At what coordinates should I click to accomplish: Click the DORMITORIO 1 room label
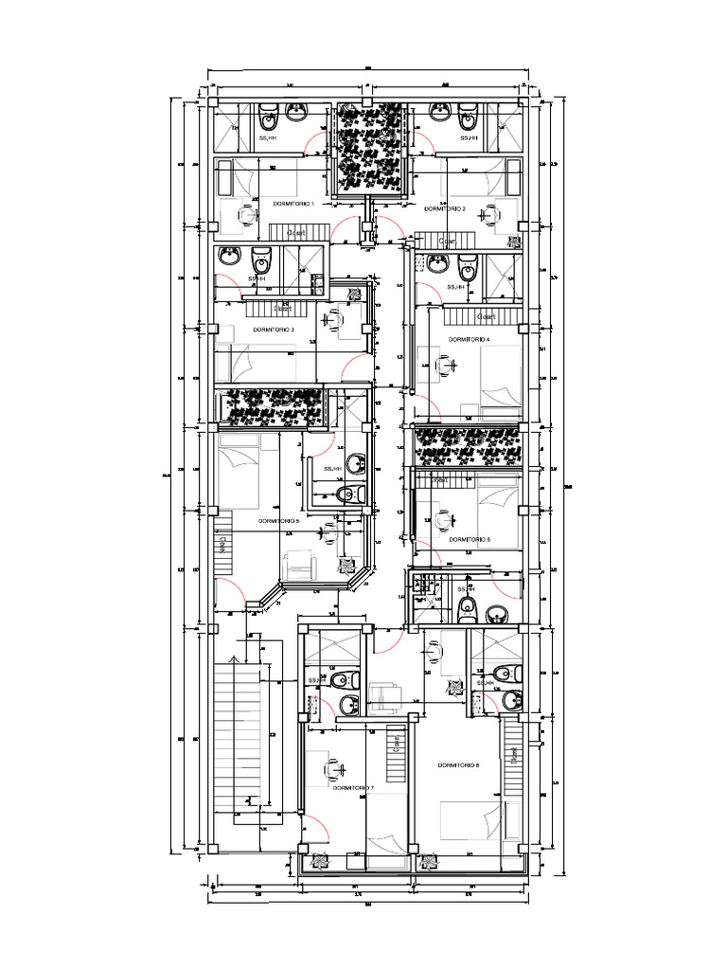click(x=293, y=204)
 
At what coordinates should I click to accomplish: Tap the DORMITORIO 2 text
click(x=444, y=208)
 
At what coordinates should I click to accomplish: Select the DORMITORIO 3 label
click(x=273, y=330)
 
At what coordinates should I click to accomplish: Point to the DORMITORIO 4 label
click(x=469, y=339)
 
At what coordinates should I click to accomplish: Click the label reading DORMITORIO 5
click(x=278, y=520)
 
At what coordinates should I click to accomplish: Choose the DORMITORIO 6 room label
click(x=470, y=539)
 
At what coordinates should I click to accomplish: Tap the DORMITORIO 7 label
click(x=353, y=787)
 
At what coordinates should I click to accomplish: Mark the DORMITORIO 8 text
click(x=458, y=764)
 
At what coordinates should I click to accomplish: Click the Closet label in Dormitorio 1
click(x=296, y=232)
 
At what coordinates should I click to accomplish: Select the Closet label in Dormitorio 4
click(x=486, y=316)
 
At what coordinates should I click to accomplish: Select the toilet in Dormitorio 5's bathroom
click(x=349, y=494)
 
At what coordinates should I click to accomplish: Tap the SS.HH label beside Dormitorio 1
click(x=268, y=138)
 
